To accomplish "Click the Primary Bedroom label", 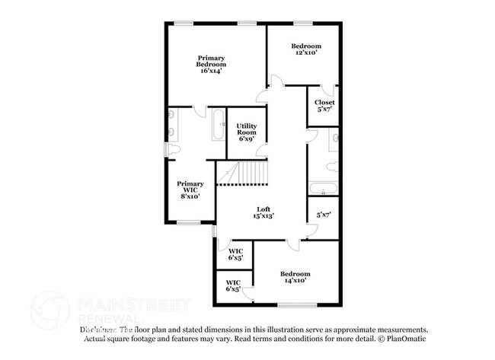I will (212, 62).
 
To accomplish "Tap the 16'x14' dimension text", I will (211, 73).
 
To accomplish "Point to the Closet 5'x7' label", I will (324, 106).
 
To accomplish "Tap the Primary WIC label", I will (190, 188).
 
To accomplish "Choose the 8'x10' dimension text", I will (190, 196).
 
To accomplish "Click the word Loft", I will (263, 209).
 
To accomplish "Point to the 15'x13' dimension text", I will (263, 216).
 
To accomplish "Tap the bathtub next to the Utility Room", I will (219, 125).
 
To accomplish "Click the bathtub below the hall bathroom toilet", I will (322, 190).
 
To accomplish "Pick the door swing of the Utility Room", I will (263, 136).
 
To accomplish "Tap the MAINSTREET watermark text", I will (133, 305).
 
